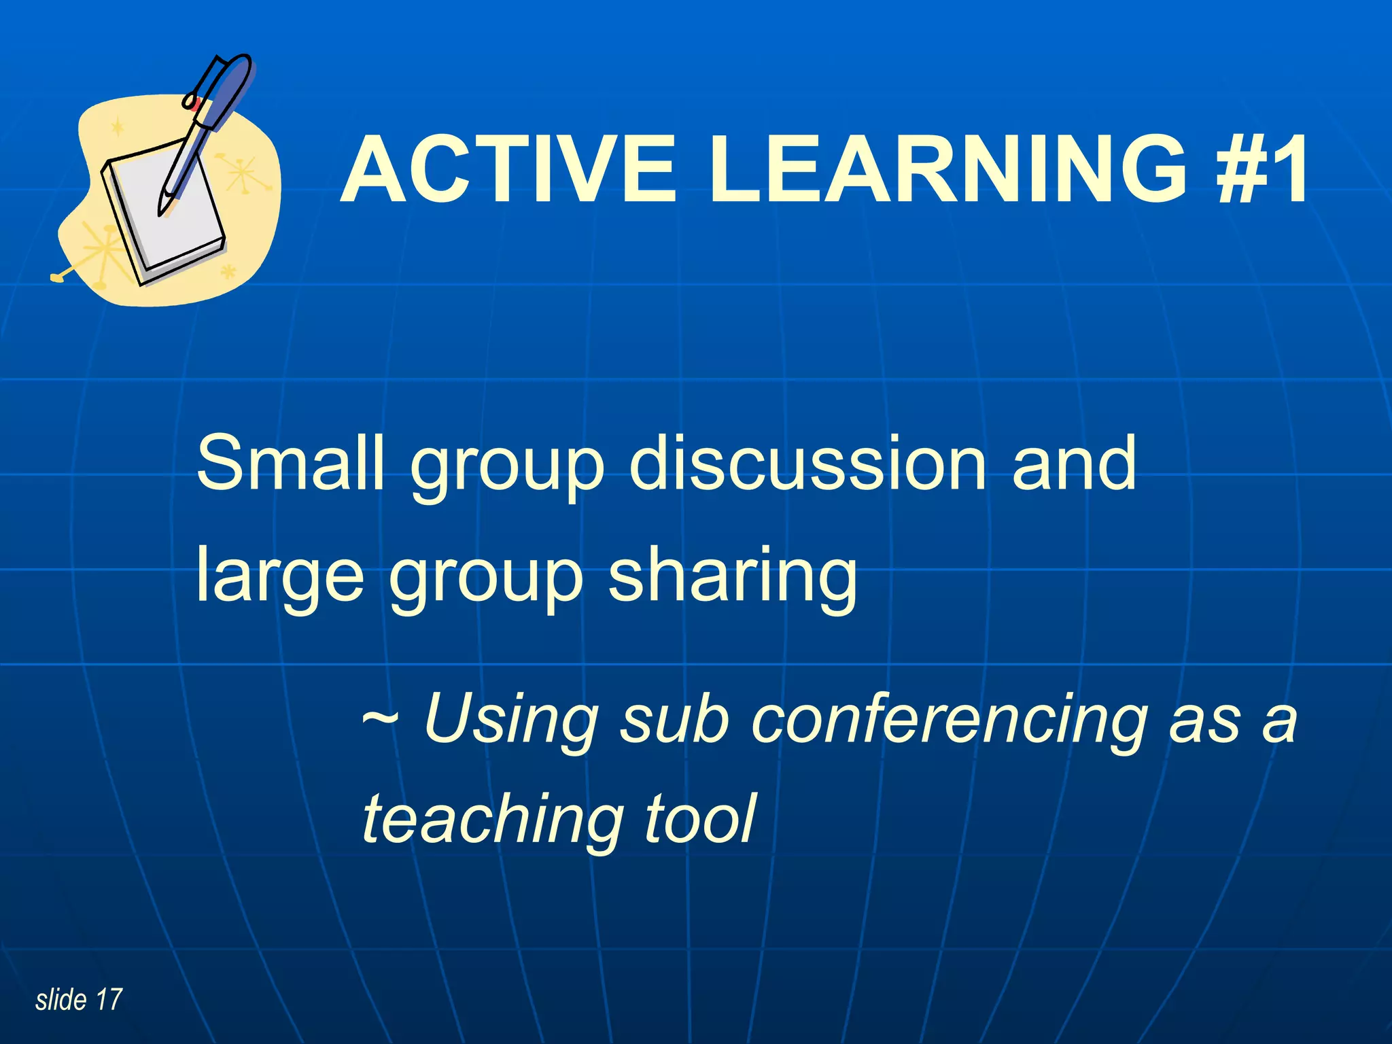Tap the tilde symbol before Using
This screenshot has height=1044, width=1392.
(x=382, y=718)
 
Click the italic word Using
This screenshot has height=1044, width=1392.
(x=510, y=719)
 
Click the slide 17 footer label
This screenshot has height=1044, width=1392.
(x=79, y=1000)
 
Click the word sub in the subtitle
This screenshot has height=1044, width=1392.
(x=674, y=719)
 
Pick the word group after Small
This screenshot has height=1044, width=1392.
(x=506, y=469)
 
